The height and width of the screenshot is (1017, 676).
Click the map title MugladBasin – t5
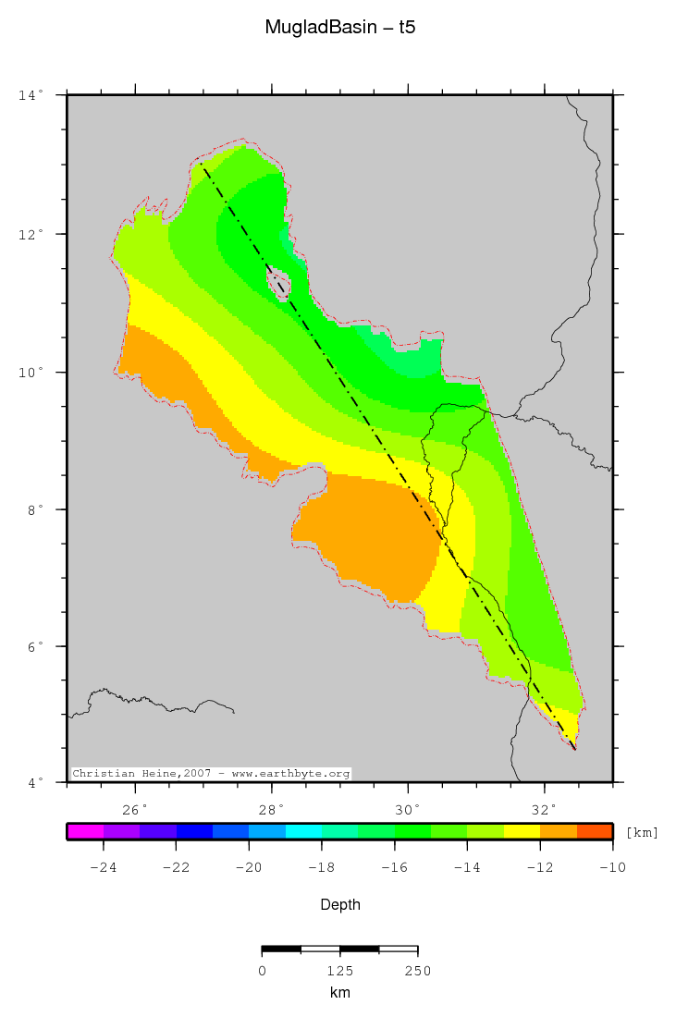(339, 28)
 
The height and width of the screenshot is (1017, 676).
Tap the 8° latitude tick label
(33, 509)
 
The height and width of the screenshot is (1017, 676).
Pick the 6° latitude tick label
(33, 646)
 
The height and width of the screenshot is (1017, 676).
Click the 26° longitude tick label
(136, 810)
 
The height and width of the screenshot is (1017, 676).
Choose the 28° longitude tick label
(272, 810)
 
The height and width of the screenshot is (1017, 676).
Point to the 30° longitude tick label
(408, 810)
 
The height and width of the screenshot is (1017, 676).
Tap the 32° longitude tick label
(545, 810)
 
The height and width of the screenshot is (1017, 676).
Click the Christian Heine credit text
(211, 773)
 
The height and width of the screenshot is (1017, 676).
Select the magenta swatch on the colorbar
(85, 831)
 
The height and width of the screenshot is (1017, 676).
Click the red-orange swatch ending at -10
(595, 831)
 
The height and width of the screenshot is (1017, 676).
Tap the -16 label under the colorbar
(394, 867)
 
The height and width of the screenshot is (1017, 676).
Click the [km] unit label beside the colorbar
(643, 833)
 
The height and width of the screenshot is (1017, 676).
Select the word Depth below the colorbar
(339, 904)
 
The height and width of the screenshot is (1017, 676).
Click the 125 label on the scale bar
(339, 971)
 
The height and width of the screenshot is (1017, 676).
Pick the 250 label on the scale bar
(417, 971)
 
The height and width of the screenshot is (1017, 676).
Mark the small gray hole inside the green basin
(278, 282)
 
